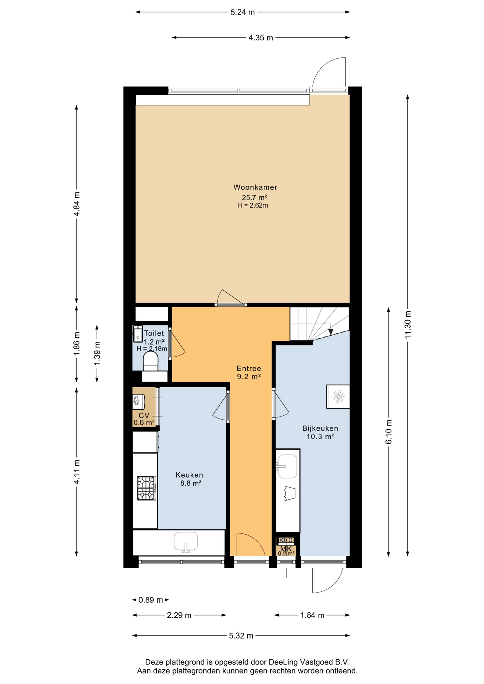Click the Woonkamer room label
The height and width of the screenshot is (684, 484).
coord(255,187)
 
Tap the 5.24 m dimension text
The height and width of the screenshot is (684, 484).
coord(242,12)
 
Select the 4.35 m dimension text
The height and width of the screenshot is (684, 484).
coord(261,37)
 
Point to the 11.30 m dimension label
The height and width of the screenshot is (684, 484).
coord(408,325)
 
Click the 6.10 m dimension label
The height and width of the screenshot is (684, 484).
coord(389,432)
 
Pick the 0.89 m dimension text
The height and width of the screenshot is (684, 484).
coord(150,600)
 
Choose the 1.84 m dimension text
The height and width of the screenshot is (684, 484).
coord(312,615)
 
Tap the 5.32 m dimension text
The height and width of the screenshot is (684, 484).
coord(241,636)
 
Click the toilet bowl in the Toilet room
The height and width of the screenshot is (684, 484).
coord(150,361)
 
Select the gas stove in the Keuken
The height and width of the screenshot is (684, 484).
coord(146,488)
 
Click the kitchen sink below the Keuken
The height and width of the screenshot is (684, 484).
coord(186,542)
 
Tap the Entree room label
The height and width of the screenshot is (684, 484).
coord(249,369)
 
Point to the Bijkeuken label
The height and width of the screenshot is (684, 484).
coord(320,429)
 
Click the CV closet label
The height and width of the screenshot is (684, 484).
coord(144,415)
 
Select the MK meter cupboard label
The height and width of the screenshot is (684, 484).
coord(286,549)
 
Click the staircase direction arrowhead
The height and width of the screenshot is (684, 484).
coord(331,332)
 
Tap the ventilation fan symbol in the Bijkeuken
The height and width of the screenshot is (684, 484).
coord(338,397)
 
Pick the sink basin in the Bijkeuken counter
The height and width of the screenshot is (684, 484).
coord(287,466)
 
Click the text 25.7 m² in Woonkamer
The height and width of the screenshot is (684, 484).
coord(254,197)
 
